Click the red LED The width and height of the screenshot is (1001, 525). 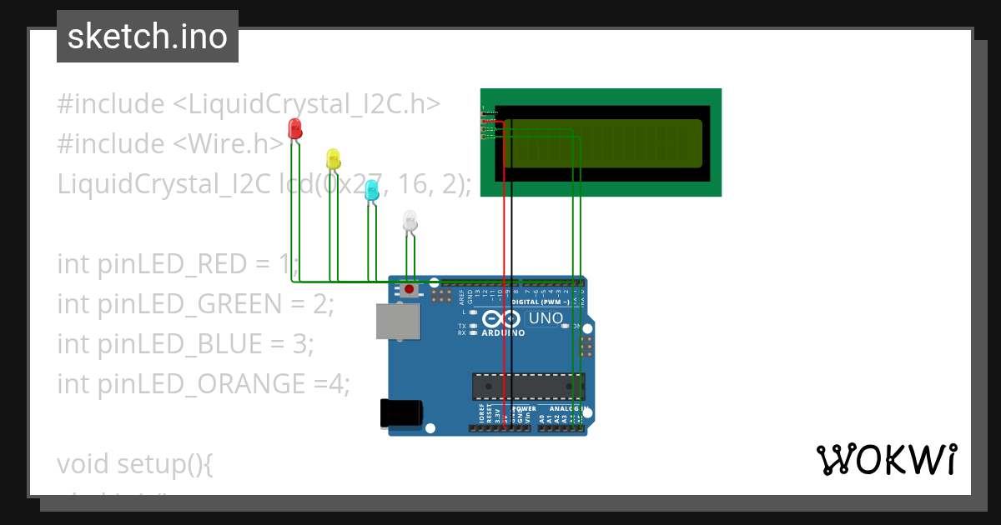coord(294,128)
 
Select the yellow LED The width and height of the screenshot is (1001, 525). coord(333,157)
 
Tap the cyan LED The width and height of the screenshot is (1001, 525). coord(372,190)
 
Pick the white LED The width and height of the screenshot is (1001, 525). coord(410,221)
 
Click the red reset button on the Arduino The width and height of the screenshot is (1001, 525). coord(410,290)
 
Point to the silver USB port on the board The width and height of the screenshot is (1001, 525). coord(397,321)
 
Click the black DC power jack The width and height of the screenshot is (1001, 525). coord(400,413)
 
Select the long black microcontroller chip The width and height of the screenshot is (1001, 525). coord(528,387)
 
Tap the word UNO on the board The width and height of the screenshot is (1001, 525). coord(546,318)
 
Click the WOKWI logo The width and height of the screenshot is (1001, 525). coord(886,460)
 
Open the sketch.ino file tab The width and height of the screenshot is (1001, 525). coord(148,37)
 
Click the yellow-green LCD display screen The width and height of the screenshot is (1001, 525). coord(603,142)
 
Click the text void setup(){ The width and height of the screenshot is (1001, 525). coord(135,464)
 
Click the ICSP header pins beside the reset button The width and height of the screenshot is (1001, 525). coord(442,296)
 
